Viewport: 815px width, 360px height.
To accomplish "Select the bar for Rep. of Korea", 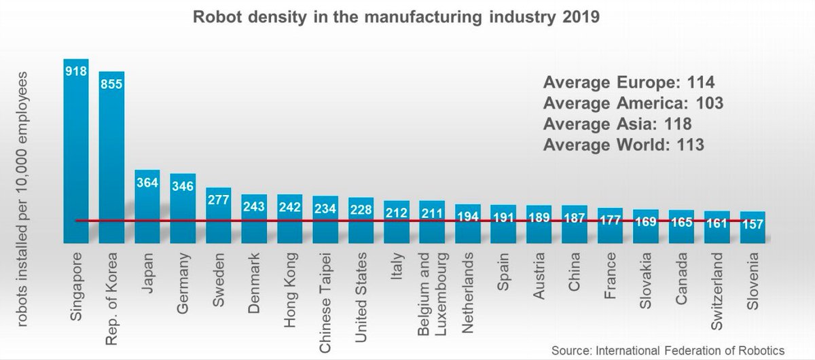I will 111,157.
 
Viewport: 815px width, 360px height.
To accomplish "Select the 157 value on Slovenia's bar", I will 753,223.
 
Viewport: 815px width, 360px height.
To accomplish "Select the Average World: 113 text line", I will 622,144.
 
